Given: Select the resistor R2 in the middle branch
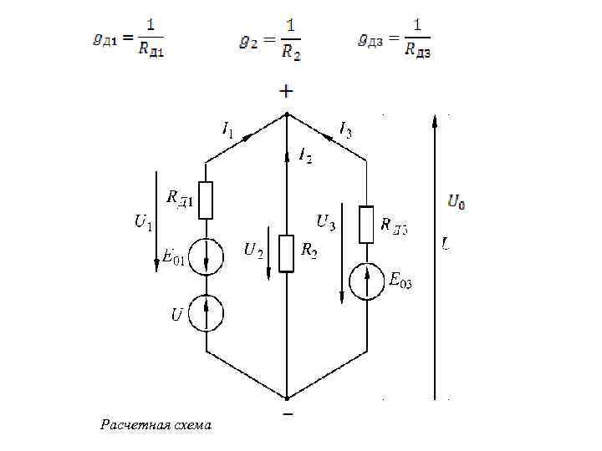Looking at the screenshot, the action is click(287, 254).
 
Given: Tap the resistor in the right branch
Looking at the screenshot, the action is click(366, 224).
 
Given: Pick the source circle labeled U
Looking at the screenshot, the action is click(206, 312).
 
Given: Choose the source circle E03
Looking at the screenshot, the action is click(366, 281).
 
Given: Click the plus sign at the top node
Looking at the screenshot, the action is click(286, 90).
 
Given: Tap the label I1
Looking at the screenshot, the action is click(227, 129).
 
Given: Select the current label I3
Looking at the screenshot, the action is click(345, 129).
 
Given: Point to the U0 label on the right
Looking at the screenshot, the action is click(457, 200).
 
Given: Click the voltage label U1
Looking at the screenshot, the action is click(143, 221).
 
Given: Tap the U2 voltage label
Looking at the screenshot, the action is click(253, 250).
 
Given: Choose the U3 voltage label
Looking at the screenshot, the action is click(325, 222).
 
